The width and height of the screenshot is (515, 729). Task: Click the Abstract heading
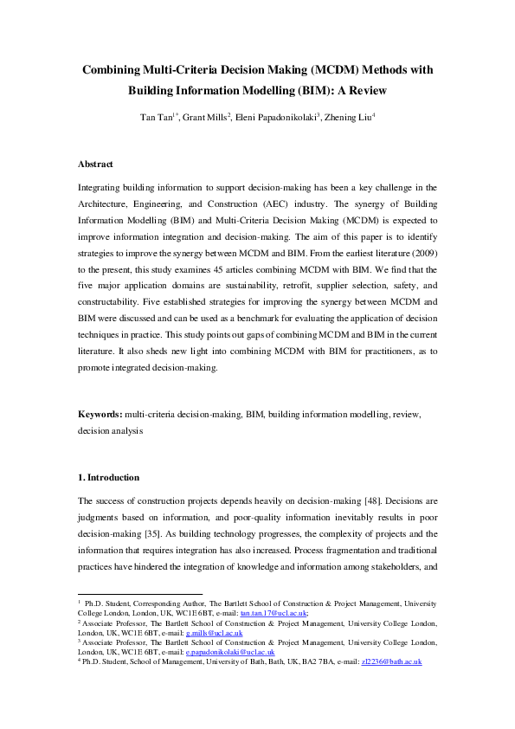(x=95, y=164)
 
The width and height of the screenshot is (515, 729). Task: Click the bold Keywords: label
(x=99, y=415)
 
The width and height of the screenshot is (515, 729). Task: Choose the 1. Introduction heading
(x=108, y=477)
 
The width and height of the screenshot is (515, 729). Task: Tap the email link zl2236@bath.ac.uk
(x=391, y=661)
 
